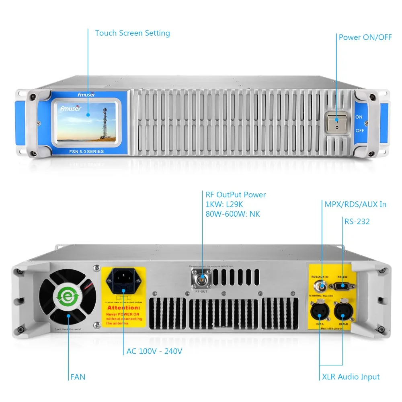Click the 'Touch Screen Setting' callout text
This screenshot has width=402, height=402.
132,33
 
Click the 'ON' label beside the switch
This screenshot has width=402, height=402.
359,117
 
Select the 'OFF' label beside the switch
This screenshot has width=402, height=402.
360,131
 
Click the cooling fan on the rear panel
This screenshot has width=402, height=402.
68,297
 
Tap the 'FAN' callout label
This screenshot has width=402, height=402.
78,377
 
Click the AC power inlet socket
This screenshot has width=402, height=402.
123,281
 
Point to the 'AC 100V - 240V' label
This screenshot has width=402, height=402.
154,351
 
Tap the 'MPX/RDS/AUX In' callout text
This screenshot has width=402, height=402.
355,204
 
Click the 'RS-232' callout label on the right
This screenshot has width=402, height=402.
357,221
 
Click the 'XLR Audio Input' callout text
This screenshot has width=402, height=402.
351,377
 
